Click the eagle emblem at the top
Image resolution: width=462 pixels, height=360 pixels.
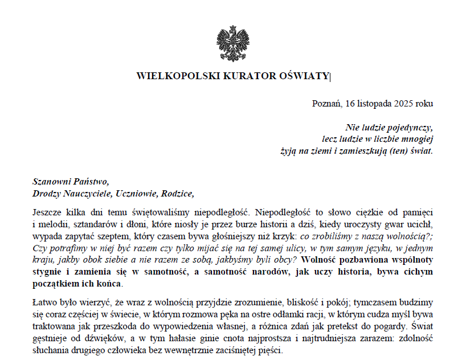click(232, 44)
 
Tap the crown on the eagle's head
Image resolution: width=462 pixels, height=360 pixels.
click(232, 28)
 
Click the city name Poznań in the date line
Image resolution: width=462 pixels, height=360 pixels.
click(325, 104)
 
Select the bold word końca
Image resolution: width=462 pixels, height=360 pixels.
click(108, 284)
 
